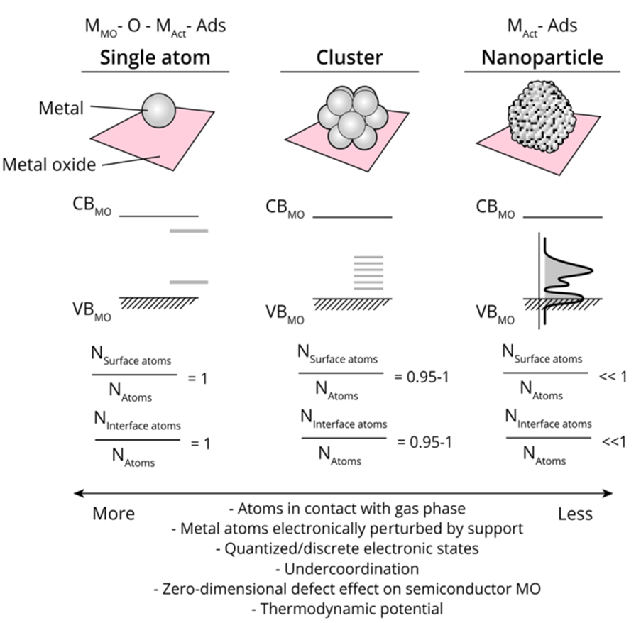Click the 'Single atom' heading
point(155,57)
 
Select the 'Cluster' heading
point(336,57)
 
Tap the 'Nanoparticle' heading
point(542,57)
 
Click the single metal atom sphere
point(158,111)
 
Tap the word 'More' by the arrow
point(114,513)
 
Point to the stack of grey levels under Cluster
point(368,272)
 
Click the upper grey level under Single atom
point(189,231)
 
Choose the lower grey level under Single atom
point(189,282)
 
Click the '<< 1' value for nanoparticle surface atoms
point(613,376)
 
